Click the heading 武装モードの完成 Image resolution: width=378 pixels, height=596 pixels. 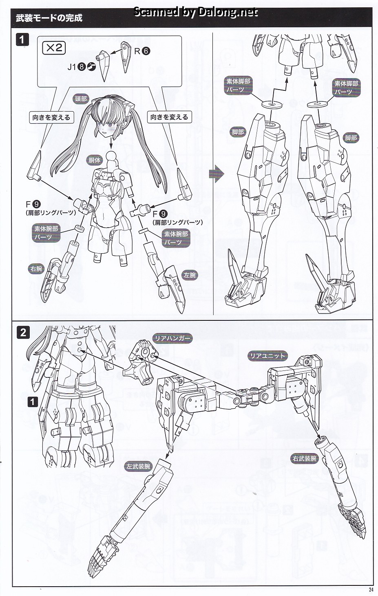[x=49, y=18]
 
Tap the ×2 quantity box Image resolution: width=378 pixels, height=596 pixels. [x=54, y=48]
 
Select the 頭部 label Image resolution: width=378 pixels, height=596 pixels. [x=81, y=99]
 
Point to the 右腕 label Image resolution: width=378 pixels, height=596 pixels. [x=36, y=268]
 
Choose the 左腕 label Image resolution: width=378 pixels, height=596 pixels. [x=190, y=275]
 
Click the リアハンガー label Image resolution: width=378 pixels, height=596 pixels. [x=172, y=338]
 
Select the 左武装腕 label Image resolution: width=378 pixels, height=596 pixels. [x=138, y=473]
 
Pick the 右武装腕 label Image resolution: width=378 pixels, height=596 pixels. [x=305, y=458]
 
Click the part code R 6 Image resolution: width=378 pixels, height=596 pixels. [x=142, y=51]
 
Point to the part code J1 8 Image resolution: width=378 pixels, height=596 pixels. [x=81, y=67]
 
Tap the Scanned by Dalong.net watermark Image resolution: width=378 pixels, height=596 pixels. [x=196, y=12]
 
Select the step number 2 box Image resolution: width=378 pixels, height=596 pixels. [x=23, y=333]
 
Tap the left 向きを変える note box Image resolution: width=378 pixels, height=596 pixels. [x=51, y=117]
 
